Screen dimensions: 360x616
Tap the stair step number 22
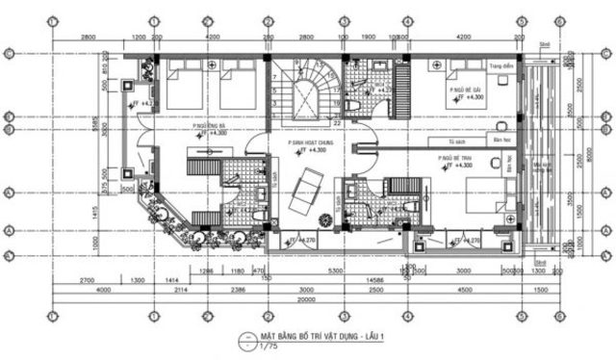336,123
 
